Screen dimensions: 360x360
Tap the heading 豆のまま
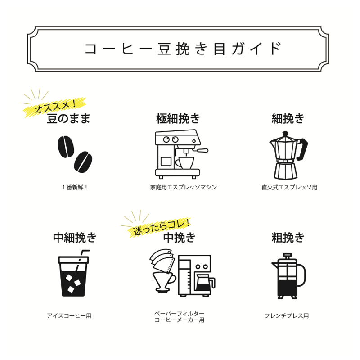(x=68, y=119)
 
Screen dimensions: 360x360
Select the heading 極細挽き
(x=178, y=119)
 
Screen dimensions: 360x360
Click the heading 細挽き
(x=288, y=119)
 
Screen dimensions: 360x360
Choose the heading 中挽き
(x=179, y=237)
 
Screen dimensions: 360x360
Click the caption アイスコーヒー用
(x=69, y=316)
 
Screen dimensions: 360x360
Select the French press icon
(x=287, y=274)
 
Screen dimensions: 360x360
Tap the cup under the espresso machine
(x=184, y=162)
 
